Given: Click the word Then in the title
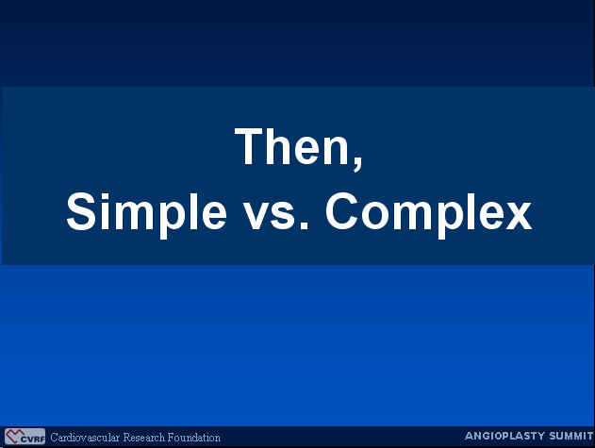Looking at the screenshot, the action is click(294, 146).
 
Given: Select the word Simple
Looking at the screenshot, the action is click(146, 212).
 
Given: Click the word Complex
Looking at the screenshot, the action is click(429, 212).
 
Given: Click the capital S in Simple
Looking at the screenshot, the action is click(81, 211).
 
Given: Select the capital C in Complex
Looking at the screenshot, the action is click(341, 211).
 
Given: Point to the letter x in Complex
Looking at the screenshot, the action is click(519, 216).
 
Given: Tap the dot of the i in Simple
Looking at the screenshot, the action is click(107, 196).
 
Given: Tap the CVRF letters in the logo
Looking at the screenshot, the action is click(33, 440).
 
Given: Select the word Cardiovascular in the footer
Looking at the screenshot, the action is click(85, 438).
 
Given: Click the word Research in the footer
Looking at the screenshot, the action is click(144, 438).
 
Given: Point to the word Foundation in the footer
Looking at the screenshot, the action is click(194, 438).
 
